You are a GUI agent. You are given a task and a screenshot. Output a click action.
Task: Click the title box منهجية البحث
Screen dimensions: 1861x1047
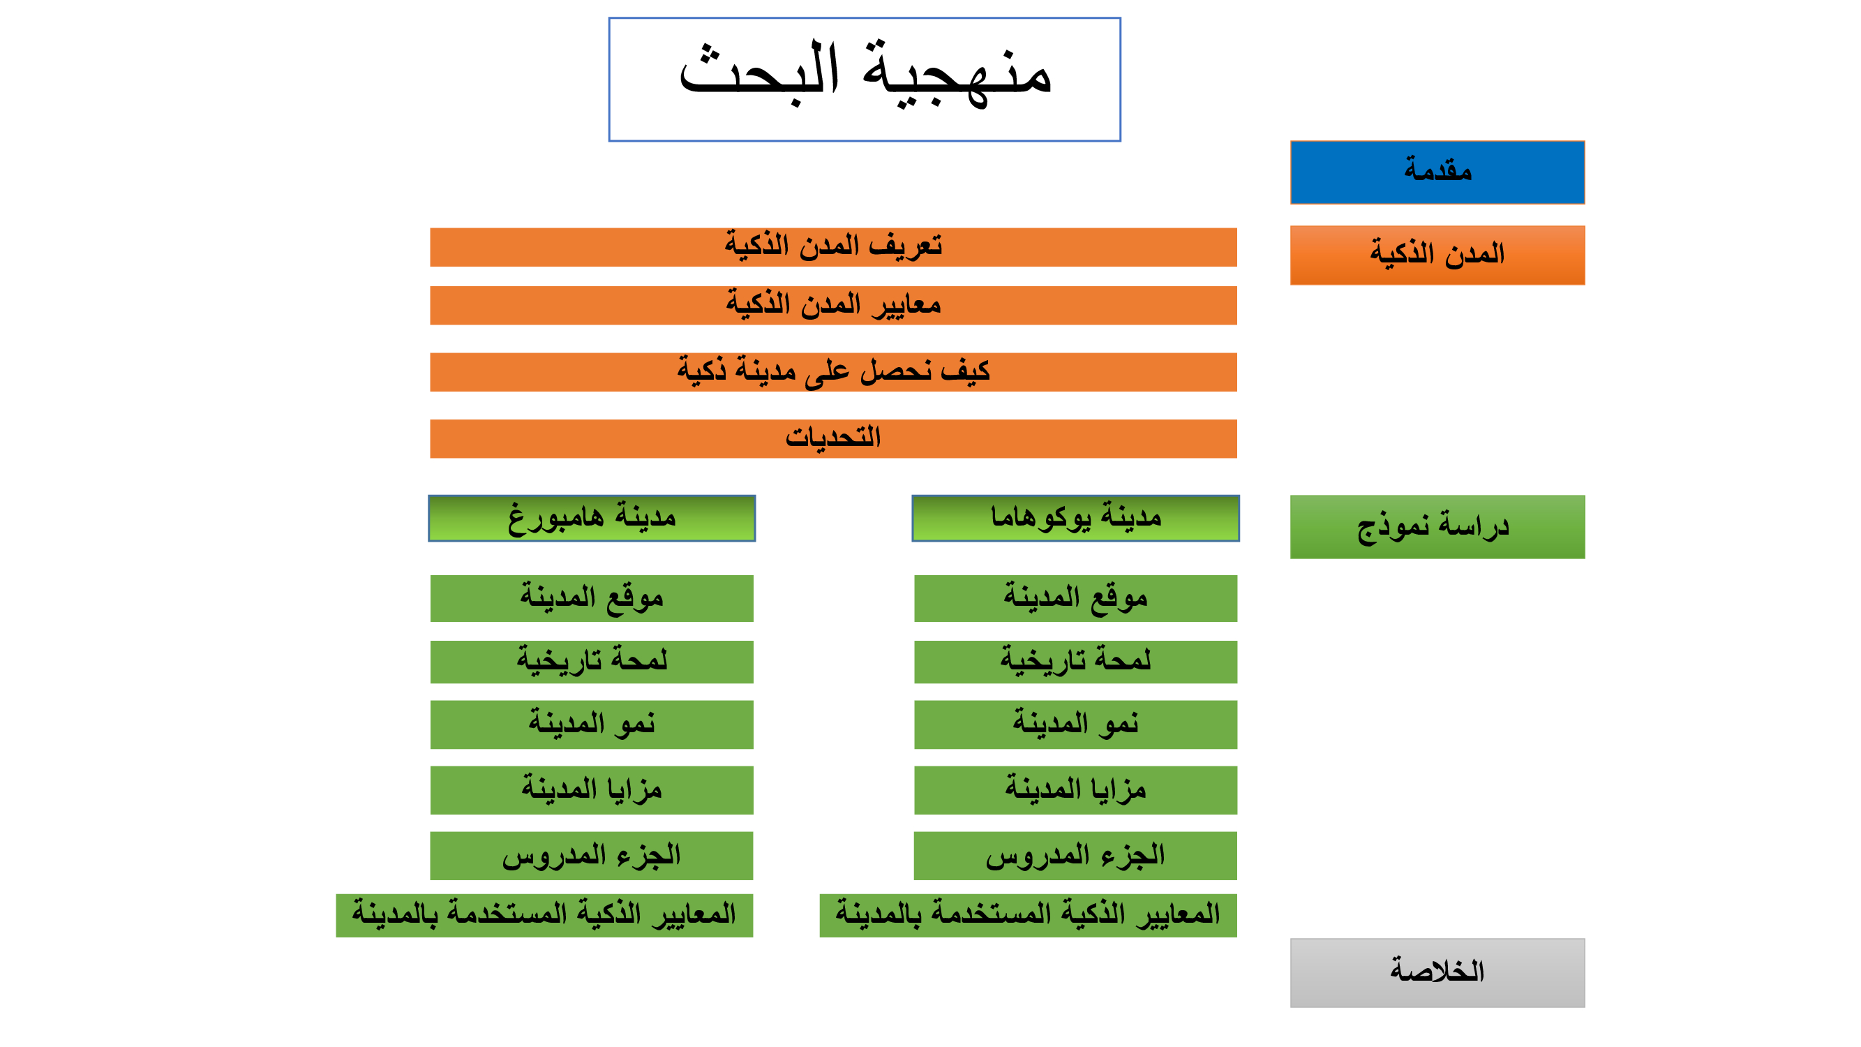tap(865, 80)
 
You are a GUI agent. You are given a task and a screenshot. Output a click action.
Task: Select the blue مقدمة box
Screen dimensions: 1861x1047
tap(1437, 172)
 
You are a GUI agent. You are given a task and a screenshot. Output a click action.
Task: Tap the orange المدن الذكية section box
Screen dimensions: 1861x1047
tap(1437, 255)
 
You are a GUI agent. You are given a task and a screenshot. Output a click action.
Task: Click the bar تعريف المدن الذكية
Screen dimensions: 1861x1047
tap(833, 247)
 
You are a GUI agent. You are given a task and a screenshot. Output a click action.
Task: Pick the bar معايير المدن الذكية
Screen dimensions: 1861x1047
tap(833, 306)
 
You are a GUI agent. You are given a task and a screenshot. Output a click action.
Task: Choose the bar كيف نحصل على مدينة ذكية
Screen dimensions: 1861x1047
tap(833, 372)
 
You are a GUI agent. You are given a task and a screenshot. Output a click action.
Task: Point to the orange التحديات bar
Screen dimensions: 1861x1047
tap(833, 438)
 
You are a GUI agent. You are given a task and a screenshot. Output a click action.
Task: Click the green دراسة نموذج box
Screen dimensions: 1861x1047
tap(1437, 527)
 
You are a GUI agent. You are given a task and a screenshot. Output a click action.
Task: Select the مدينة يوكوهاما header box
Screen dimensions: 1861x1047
tap(1076, 518)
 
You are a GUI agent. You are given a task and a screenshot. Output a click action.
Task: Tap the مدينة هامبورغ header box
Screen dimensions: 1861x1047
tap(592, 518)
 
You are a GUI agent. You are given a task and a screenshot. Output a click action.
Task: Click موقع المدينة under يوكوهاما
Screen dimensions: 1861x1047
tap(1076, 598)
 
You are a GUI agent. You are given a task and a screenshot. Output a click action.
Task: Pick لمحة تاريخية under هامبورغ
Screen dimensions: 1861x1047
tap(592, 662)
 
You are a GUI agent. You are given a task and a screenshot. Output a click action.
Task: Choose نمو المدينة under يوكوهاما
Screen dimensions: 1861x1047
tap(1076, 725)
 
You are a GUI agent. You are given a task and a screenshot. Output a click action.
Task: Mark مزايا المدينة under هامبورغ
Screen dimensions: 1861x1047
tap(592, 791)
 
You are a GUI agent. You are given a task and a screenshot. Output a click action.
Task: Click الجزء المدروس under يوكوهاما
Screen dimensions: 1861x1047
tap(1076, 856)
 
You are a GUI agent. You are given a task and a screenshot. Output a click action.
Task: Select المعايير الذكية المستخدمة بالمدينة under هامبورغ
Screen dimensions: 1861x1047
tap(545, 916)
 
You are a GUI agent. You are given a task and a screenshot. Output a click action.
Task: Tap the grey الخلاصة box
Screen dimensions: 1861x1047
tap(1437, 972)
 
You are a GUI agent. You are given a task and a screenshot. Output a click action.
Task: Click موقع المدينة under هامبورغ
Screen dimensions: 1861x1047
tap(592, 598)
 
